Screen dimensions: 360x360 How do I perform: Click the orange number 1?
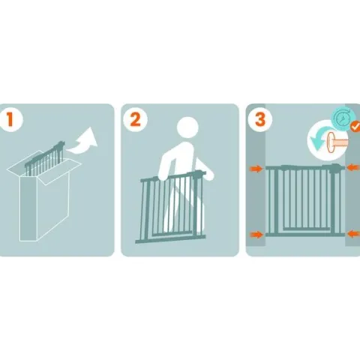coord(10,119)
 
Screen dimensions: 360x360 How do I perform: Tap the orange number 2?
coord(136,119)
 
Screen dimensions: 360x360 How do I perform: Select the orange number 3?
coord(260,119)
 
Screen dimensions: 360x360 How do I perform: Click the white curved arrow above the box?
coord(84,142)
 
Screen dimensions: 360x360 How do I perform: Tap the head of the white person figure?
coord(187,127)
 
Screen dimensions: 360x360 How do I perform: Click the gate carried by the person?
coord(171,206)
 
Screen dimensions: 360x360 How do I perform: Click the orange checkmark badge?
coord(355,127)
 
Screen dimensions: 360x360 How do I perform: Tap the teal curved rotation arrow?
coord(321,137)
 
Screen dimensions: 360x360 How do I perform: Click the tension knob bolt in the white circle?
coord(336,142)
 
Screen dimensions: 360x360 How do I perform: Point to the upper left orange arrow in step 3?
coord(256,169)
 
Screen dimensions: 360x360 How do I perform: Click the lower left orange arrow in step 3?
coord(256,235)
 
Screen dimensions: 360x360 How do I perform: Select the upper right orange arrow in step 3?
coord(353,167)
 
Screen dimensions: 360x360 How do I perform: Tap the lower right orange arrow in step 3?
coord(353,234)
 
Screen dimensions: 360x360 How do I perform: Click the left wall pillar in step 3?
coord(256,175)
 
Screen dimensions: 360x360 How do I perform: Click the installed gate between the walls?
coord(305,200)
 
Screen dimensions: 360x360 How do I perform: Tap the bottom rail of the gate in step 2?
coord(171,238)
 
